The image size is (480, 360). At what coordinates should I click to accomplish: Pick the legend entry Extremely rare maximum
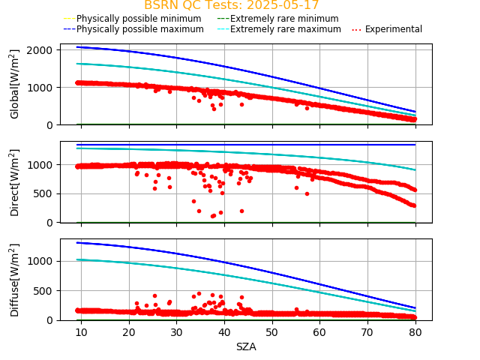point(286,29)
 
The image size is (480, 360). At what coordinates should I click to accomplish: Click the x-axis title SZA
point(246,346)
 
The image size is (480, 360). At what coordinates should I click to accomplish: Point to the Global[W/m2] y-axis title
point(15,84)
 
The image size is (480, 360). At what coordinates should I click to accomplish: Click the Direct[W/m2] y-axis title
point(15,182)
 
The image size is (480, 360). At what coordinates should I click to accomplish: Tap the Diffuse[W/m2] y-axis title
point(15,280)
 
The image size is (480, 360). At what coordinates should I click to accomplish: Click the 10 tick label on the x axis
point(81,332)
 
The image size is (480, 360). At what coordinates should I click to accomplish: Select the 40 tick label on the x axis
point(224,332)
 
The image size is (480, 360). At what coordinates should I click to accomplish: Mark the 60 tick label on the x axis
point(319,332)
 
